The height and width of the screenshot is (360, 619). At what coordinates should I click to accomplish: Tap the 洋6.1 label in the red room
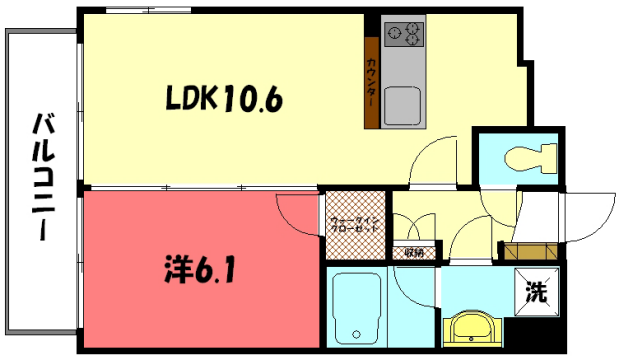pyautogui.click(x=200, y=270)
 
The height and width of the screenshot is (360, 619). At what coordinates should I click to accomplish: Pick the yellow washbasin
pyautogui.click(x=470, y=327)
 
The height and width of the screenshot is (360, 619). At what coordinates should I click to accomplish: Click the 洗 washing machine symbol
pyautogui.click(x=538, y=293)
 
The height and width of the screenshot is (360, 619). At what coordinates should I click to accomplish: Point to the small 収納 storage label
pyautogui.click(x=414, y=252)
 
